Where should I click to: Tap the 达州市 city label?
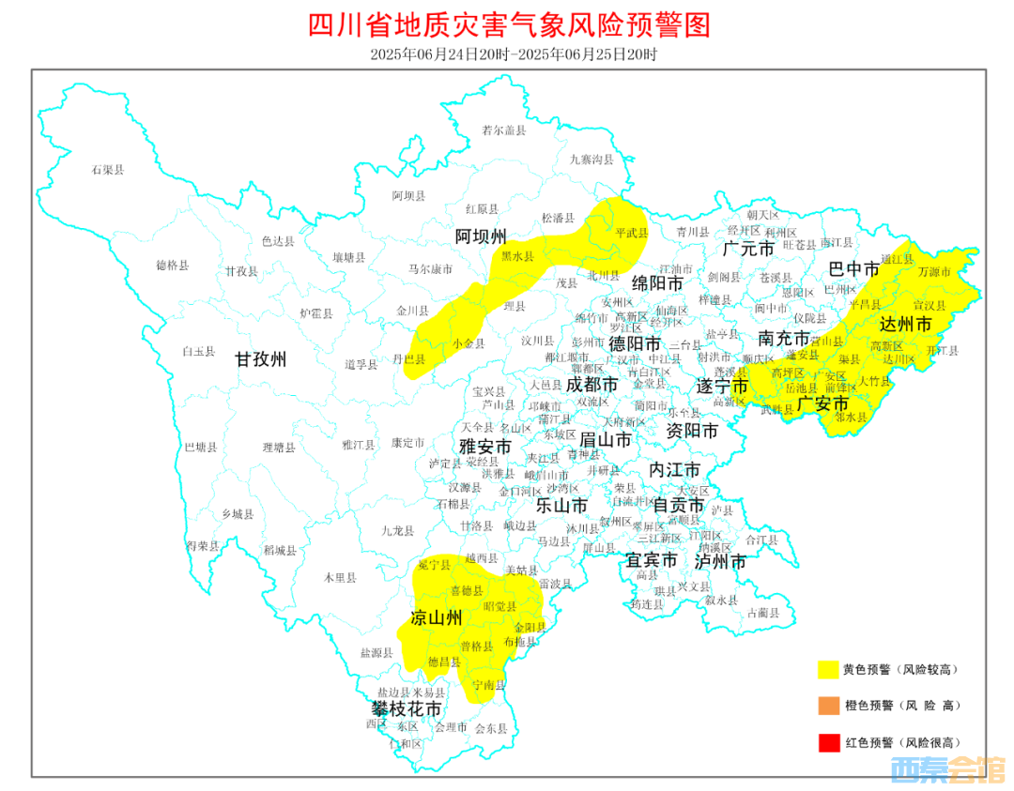[x=905, y=325]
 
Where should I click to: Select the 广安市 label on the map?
[x=822, y=404]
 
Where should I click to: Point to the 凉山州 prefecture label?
[x=437, y=617]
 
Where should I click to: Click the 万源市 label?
[x=934, y=272]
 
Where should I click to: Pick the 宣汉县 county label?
[x=929, y=305]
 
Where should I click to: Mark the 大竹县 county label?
[x=872, y=382]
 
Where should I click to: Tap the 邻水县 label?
[x=853, y=416]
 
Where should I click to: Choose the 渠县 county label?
[x=850, y=358]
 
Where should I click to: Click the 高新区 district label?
[x=886, y=346]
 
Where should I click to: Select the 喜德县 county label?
[x=467, y=591]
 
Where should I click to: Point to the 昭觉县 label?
[x=499, y=606]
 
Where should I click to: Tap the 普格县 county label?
[x=477, y=646]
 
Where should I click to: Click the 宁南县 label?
[x=489, y=685]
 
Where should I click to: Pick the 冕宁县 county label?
[x=435, y=565]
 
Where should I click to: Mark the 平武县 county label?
[x=631, y=232]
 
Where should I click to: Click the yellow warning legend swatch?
[x=828, y=669]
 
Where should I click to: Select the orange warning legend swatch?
[x=828, y=706]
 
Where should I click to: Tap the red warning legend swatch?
[x=828, y=742]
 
